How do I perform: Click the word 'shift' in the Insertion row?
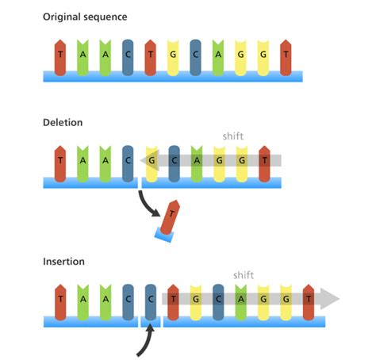pos(244,275)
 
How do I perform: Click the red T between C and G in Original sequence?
pos(151,54)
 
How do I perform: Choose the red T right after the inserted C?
pos(173,300)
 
